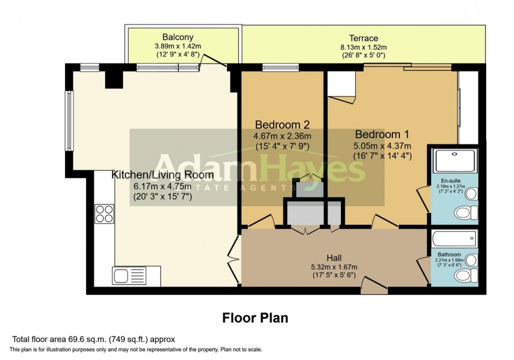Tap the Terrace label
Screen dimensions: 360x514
coord(363,38)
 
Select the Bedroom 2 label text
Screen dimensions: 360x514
coord(282,125)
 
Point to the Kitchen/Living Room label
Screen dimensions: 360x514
coord(163,175)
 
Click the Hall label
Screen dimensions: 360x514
coord(334,258)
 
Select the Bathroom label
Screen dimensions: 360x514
coord(449,255)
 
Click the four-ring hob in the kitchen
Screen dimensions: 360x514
coord(104,214)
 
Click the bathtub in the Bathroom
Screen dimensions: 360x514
coord(454,239)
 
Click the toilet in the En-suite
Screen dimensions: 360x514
coord(465,213)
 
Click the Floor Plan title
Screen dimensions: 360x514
coord(255,318)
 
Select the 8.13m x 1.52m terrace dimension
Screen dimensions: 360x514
coord(363,47)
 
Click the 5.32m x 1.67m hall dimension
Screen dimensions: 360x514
coord(334,267)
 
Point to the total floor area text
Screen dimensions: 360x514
coord(93,339)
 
